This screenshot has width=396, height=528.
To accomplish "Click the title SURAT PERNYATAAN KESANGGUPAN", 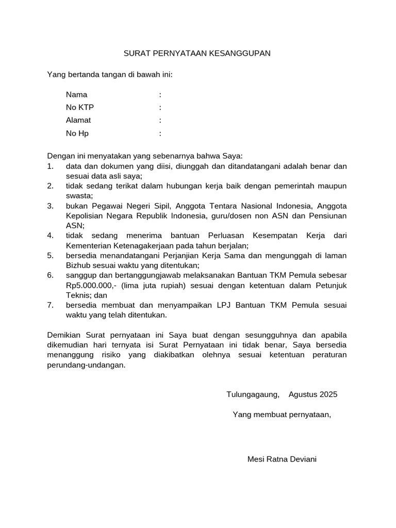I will pyautogui.click(x=197, y=53).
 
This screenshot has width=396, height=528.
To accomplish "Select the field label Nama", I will pyautogui.click(x=76, y=95).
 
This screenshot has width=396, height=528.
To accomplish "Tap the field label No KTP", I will pyautogui.click(x=80, y=107).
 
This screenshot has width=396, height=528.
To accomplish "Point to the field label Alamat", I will pyautogui.click(x=78, y=120).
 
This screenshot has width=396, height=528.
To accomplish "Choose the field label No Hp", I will pyautogui.click(x=77, y=133).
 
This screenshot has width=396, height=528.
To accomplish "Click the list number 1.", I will pyautogui.click(x=50, y=166).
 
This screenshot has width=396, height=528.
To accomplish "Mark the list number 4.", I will pyautogui.click(x=50, y=236).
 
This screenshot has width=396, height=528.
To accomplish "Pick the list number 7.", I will pyautogui.click(x=50, y=305).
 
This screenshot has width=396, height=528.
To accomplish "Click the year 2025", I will pyautogui.click(x=328, y=394).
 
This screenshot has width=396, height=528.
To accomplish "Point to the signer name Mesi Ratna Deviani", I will pyautogui.click(x=282, y=459).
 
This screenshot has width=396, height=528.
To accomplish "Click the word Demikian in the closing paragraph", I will pyautogui.click(x=64, y=336).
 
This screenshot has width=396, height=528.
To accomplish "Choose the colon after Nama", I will pyautogui.click(x=160, y=95).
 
